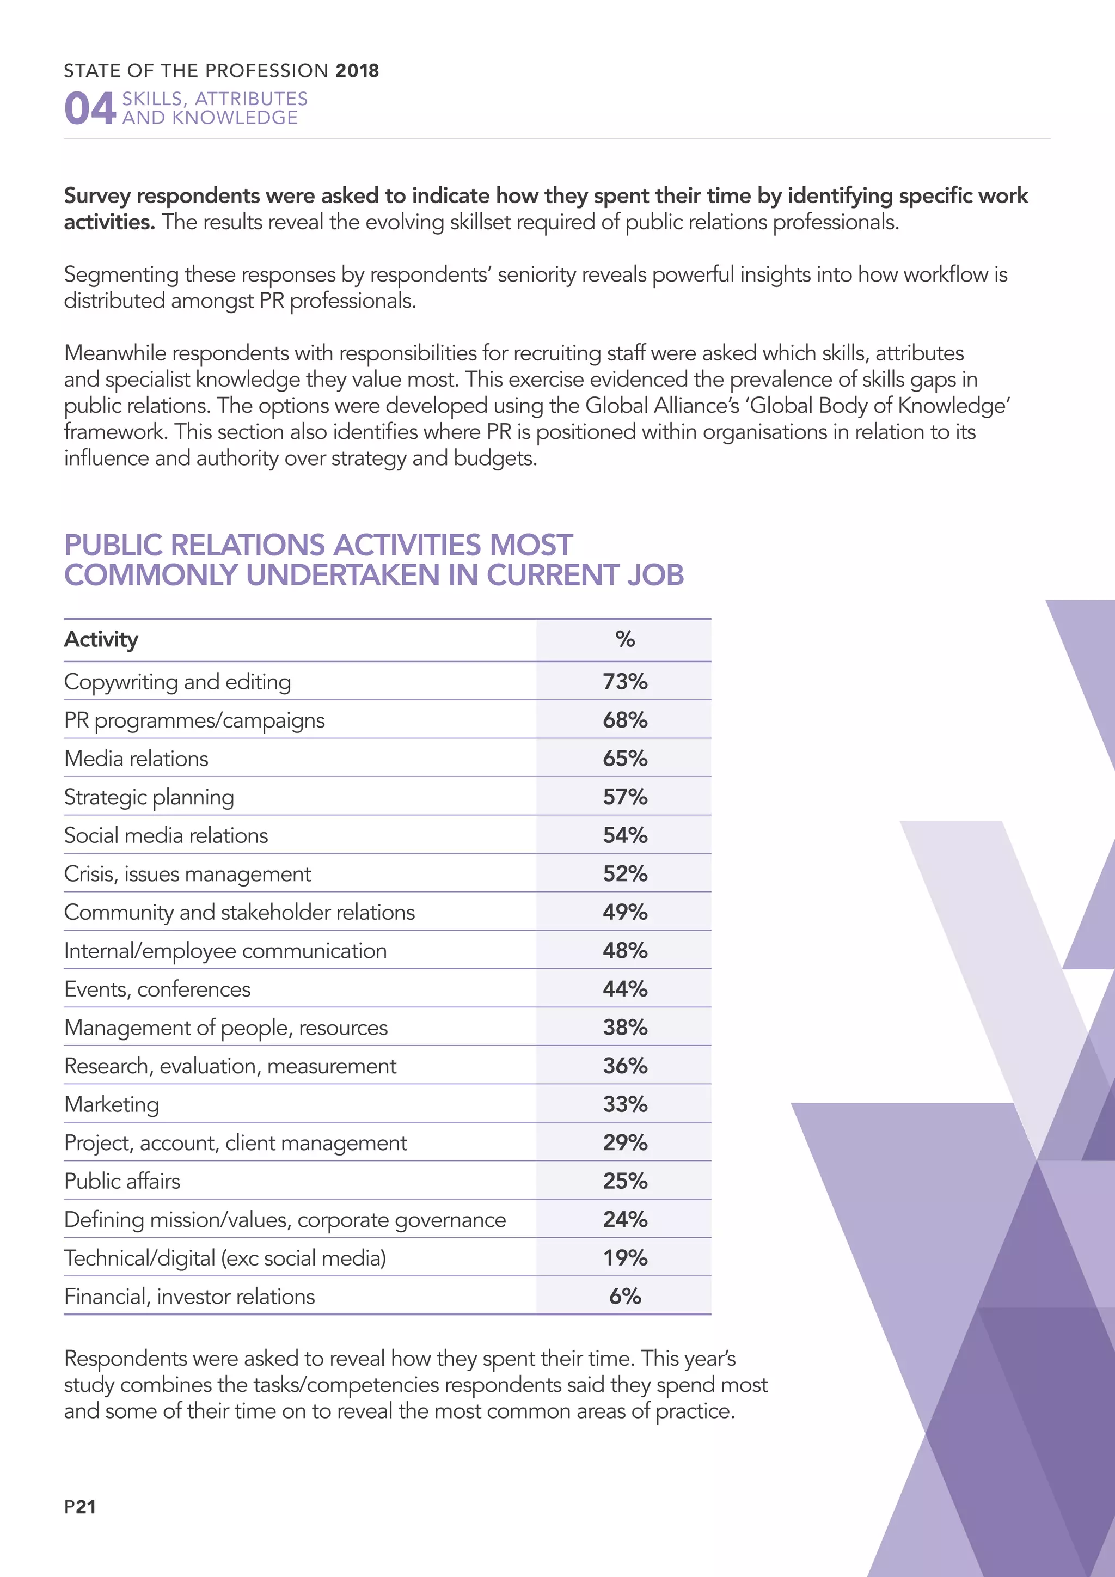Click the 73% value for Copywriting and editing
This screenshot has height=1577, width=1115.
point(625,681)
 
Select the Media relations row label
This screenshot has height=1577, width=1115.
point(136,759)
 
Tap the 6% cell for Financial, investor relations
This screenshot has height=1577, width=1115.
point(625,1296)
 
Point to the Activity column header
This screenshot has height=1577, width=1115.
point(101,639)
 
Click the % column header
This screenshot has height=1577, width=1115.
point(625,639)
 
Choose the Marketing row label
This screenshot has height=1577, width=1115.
point(111,1104)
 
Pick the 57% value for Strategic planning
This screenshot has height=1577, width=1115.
point(625,797)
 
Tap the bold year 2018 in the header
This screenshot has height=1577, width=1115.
point(357,71)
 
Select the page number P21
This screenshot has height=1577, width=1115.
point(79,1507)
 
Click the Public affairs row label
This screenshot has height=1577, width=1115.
point(122,1181)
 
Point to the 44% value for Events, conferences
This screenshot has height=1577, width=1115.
point(625,989)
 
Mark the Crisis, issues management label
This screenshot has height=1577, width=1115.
point(187,873)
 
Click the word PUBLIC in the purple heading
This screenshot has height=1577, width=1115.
point(114,545)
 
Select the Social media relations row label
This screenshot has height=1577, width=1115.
point(166,835)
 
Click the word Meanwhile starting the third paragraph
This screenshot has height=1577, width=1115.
point(115,353)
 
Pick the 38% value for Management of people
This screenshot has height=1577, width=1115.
point(625,1028)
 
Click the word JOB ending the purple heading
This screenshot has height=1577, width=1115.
point(655,576)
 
